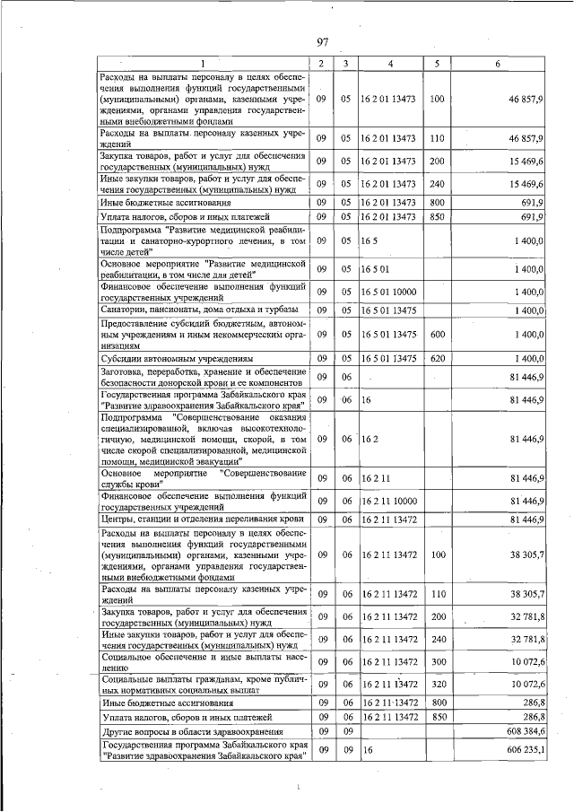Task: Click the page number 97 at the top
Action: click(x=324, y=41)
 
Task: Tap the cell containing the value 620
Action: click(x=437, y=358)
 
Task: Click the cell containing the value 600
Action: click(x=437, y=334)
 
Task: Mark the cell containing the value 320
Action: click(x=437, y=685)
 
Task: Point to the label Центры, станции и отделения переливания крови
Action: click(x=203, y=519)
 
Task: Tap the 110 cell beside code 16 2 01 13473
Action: click(x=437, y=138)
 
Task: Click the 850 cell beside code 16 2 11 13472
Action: click(x=437, y=718)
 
